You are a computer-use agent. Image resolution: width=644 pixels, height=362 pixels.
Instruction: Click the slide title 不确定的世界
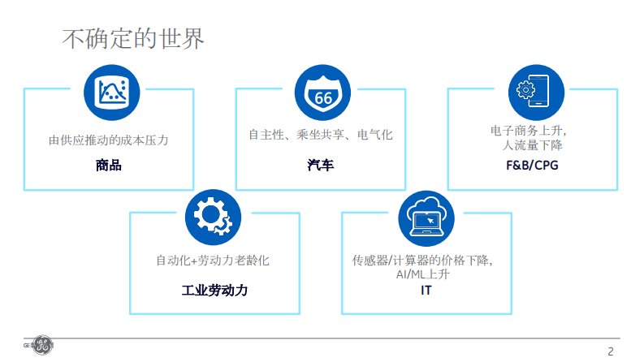coord(133,39)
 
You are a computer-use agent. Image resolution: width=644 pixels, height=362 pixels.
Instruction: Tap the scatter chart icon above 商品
coord(112,93)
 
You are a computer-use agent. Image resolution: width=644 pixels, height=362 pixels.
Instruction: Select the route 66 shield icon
coord(323,93)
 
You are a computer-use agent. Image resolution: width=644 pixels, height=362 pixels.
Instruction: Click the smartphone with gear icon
coord(536,93)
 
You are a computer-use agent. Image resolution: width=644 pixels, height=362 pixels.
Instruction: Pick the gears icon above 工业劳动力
coord(213,217)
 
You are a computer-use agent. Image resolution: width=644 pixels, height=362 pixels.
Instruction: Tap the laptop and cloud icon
coord(426,218)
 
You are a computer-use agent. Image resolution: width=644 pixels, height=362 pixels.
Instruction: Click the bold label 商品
coord(109,165)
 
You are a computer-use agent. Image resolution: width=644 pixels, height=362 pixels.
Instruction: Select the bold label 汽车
coord(320,165)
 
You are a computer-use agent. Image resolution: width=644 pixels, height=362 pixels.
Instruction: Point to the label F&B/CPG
coord(532,165)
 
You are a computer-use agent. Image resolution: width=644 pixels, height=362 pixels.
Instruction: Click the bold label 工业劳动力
coord(215,291)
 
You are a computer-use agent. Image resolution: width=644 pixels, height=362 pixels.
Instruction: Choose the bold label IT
coord(426,291)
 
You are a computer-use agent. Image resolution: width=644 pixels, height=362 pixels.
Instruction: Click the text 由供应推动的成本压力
coord(109,140)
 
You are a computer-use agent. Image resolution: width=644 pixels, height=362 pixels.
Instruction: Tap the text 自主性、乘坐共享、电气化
coord(321,134)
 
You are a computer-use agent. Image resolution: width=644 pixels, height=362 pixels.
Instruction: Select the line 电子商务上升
coord(529,131)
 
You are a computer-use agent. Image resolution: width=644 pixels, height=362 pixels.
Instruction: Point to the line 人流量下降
coord(532,145)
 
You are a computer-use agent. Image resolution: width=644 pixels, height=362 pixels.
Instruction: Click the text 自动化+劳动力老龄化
coord(213,261)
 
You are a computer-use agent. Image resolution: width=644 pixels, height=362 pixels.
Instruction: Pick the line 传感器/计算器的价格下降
coord(422,261)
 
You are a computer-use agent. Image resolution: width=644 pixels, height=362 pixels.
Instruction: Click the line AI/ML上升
coord(422,274)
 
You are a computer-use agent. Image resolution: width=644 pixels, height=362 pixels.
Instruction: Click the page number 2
coord(611,351)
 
